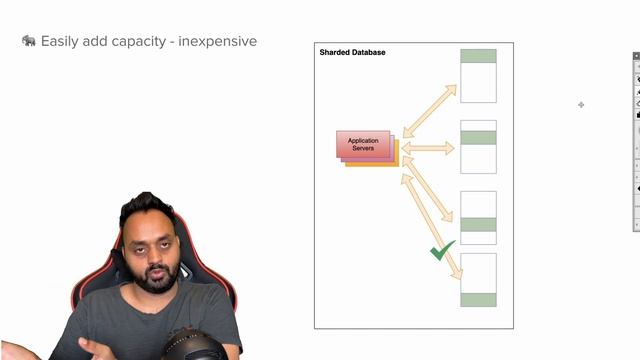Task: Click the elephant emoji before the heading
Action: click(x=29, y=41)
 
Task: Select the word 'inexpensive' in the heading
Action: click(x=217, y=41)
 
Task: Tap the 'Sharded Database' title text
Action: click(x=352, y=52)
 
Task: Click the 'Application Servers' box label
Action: click(x=363, y=144)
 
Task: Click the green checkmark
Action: click(x=441, y=250)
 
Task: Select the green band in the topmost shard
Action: click(x=478, y=57)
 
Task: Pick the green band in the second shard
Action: click(x=478, y=137)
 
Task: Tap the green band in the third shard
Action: click(x=478, y=224)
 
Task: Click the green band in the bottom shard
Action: click(x=478, y=299)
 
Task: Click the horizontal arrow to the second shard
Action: click(x=428, y=148)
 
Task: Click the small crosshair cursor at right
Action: click(x=581, y=104)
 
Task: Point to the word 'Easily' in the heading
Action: click(x=60, y=42)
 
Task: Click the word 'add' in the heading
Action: click(x=97, y=41)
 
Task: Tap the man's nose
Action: click(x=153, y=253)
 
